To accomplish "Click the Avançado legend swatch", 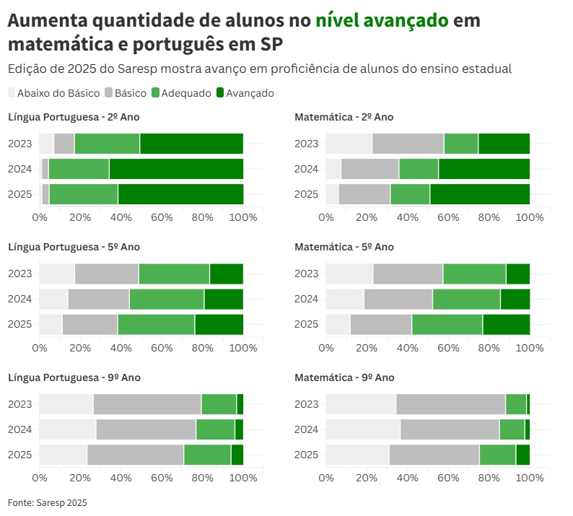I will pos(221,93).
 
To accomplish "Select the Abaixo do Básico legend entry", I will pos(54,93).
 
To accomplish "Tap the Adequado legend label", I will pos(186,93).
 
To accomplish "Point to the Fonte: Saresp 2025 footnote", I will pos(48,502).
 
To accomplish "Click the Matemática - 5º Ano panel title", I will pos(344,247).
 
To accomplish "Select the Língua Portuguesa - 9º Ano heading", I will pos(74,377).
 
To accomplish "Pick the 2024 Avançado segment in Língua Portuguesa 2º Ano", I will pos(176,169).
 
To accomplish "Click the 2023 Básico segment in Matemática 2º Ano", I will pos(408,144).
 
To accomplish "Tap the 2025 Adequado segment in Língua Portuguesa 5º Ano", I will pos(156,325).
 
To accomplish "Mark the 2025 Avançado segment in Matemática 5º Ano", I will pos(506,325).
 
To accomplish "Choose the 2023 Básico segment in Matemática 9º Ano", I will pos(450,404).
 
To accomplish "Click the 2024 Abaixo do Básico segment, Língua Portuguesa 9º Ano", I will pos(68,429).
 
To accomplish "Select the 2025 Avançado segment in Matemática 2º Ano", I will pos(480,194).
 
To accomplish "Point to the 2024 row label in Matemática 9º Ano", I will pos(307,429).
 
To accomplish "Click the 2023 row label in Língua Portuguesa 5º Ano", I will pos(20,274).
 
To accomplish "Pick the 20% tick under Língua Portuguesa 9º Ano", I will pos(80,478).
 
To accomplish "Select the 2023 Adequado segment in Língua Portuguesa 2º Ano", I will pos(107,144).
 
